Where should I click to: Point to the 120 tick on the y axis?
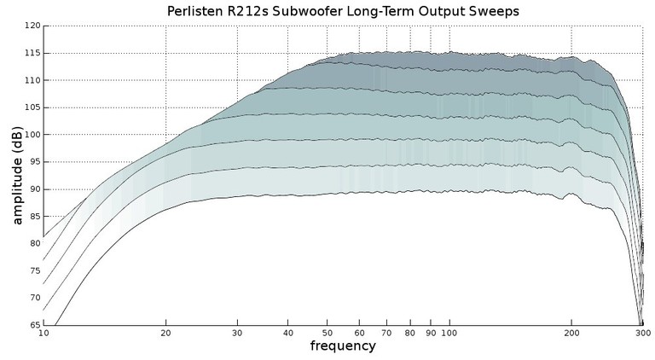pos(32,26)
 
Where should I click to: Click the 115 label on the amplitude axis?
pos(32,53)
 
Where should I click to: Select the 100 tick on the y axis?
pos(32,135)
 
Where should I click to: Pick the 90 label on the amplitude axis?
pos(34,189)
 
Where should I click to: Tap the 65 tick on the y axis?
pos(34,325)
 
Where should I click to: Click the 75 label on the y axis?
pos(34,270)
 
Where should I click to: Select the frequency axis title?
pos(342,346)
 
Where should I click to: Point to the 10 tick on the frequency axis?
pos(43,334)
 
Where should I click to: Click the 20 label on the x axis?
pos(165,334)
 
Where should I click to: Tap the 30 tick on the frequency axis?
pos(236,334)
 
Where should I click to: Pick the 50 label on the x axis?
pos(326,334)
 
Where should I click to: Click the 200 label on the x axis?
pos(571,334)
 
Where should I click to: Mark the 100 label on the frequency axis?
pos(449,334)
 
